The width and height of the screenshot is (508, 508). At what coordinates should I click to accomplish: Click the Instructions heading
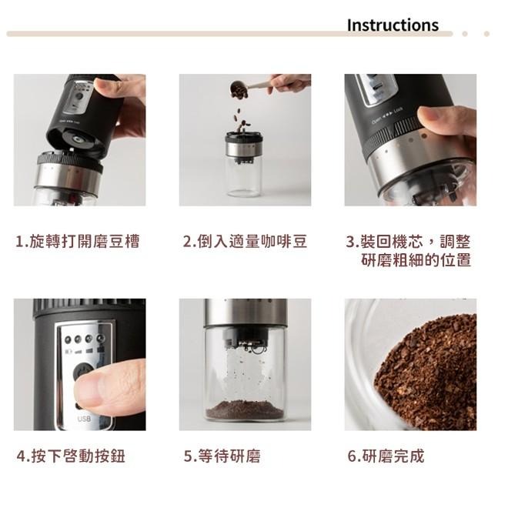click(392, 25)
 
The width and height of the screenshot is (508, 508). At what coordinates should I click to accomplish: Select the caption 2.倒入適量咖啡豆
click(245, 242)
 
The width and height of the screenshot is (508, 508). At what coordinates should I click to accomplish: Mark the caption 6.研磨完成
click(386, 456)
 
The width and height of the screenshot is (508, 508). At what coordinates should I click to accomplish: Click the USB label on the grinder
click(84, 419)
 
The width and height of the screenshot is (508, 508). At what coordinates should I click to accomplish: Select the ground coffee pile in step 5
click(245, 408)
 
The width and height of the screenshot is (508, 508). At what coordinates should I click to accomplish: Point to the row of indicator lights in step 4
click(84, 339)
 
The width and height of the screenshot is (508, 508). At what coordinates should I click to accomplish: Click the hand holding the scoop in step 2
click(291, 82)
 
